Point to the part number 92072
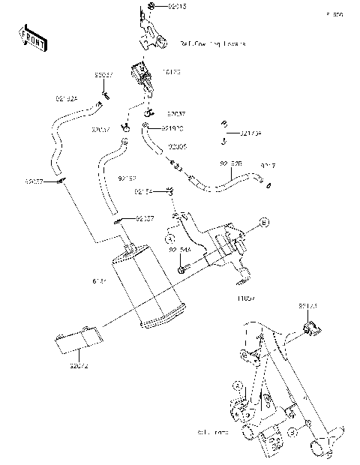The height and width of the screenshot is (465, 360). (79, 366)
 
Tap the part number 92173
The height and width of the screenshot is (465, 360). (308, 307)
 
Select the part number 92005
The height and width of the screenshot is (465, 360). (177, 147)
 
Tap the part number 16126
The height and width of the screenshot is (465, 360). (172, 73)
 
